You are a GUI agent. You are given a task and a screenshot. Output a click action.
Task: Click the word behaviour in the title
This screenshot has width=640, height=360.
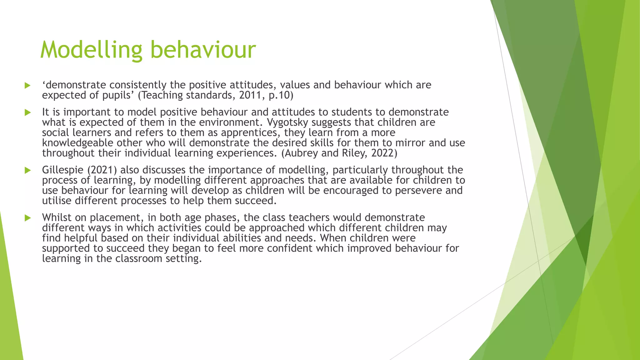[203, 50]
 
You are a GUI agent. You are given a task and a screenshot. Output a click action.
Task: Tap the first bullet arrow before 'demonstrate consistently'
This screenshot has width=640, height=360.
[27, 85]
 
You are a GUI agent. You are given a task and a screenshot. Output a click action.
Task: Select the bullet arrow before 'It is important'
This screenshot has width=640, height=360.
[27, 112]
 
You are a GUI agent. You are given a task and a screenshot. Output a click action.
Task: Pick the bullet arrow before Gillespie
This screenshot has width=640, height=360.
[27, 170]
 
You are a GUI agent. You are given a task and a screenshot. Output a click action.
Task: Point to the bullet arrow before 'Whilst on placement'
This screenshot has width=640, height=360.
[27, 218]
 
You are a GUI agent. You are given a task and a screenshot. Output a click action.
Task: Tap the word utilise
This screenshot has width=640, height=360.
[57, 201]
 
